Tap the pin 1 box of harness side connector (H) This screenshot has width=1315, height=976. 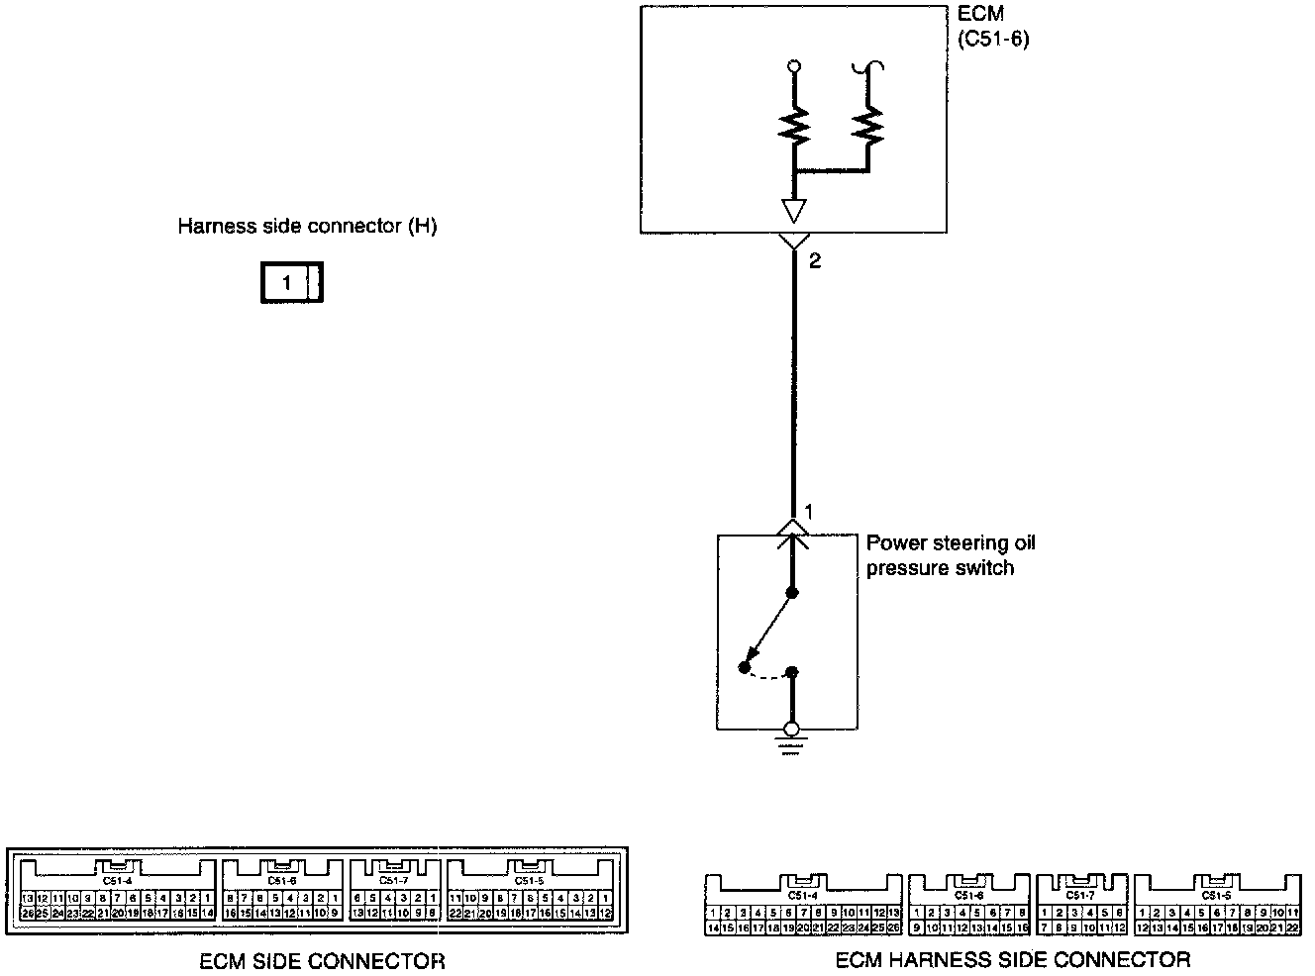tap(286, 284)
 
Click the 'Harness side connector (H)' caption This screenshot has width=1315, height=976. tap(307, 226)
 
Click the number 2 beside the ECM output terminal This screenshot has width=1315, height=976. tap(815, 261)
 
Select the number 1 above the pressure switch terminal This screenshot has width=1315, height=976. tap(809, 513)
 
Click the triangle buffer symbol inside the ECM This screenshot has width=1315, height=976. tap(794, 210)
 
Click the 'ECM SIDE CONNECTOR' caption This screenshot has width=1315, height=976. tap(322, 960)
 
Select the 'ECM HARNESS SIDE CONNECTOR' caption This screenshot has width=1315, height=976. tap(1013, 959)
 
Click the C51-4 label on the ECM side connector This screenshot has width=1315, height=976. tap(117, 880)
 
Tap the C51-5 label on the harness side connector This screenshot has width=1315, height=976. tap(1215, 895)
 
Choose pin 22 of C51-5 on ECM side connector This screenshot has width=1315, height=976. tap(455, 913)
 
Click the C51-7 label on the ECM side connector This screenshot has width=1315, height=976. tap(393, 880)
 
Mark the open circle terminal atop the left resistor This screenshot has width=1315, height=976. tap(793, 67)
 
